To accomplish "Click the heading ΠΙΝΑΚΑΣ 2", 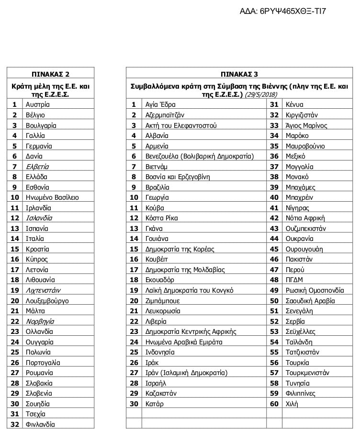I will tap(50, 74).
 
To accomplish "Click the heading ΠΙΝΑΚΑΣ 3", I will tap(239, 74).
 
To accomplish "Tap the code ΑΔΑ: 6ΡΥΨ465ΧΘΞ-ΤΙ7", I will tap(285, 11).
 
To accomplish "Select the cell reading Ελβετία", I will tap(37, 167).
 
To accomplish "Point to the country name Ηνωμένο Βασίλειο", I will tap(52, 197).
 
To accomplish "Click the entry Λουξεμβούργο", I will tap(47, 301).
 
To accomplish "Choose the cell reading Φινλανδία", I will tap(40, 424).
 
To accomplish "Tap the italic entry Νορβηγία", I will tap(40, 321).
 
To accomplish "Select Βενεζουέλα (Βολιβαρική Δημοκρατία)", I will tap(199, 156).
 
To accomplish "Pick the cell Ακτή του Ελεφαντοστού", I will tap(180, 126).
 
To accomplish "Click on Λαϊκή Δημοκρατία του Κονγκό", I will tap(189, 290).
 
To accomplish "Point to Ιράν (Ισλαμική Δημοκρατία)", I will tap(186, 373).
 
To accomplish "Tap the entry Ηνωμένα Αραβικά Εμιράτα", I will tap(184, 342).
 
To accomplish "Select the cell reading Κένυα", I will tap(294, 104).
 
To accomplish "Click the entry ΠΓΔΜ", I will tap(294, 280).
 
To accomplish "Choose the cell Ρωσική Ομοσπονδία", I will tap(315, 290).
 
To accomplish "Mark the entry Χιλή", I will tap(292, 404).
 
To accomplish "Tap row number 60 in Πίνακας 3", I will tap(274, 404).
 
